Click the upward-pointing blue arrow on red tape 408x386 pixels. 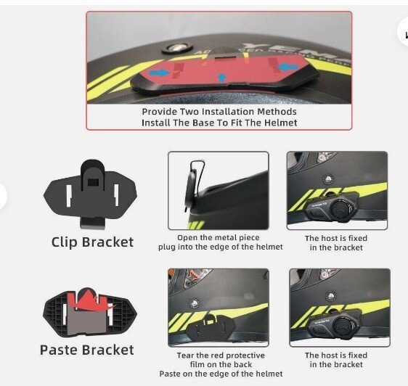click(x=221, y=78)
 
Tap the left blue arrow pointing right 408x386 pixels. click(x=160, y=73)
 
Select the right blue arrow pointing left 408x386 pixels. click(x=287, y=67)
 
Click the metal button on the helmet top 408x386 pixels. click(x=177, y=49)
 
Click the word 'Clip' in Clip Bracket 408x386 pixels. click(x=65, y=242)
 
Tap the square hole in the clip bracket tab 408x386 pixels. click(x=93, y=182)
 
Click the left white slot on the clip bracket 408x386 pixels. click(x=69, y=196)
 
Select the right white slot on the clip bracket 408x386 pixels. click(x=116, y=194)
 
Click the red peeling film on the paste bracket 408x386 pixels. click(x=91, y=300)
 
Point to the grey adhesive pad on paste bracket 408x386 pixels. click(x=86, y=321)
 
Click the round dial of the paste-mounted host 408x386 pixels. click(x=343, y=326)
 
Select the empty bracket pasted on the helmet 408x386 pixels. click(x=211, y=327)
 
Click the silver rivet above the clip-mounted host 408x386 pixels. click(x=328, y=179)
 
